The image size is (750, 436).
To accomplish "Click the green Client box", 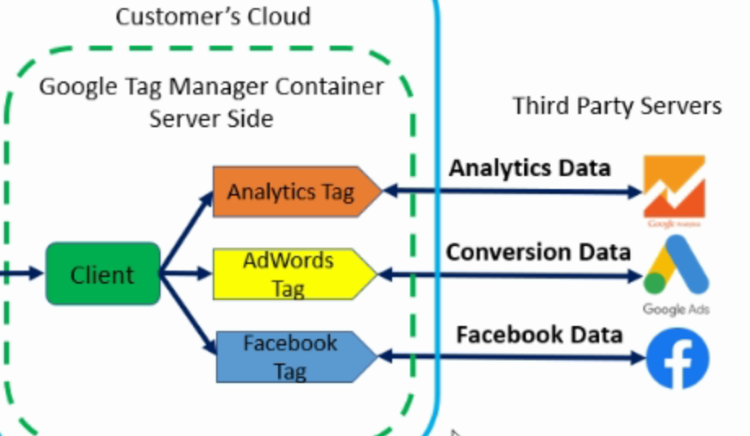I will tap(102, 274).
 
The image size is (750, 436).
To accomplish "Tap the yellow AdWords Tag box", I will tap(289, 274).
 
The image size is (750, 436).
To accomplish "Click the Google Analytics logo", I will tap(674, 189).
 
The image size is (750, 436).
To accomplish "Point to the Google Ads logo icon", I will tap(675, 268).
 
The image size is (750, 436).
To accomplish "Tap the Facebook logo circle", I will tap(677, 359).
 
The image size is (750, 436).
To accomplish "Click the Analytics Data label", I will tap(530, 168).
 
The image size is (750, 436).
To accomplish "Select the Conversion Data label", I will tap(538, 251).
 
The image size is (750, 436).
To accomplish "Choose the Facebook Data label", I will tap(539, 334).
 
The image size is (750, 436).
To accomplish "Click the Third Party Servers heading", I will tap(617, 106).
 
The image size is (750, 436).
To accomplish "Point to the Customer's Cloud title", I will tap(213, 16).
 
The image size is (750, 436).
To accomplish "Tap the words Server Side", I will tap(211, 118).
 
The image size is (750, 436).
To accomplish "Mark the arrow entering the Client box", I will tap(20, 274).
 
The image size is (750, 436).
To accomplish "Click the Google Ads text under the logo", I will tap(676, 310).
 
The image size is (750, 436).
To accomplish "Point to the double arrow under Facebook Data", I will tap(514, 357).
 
